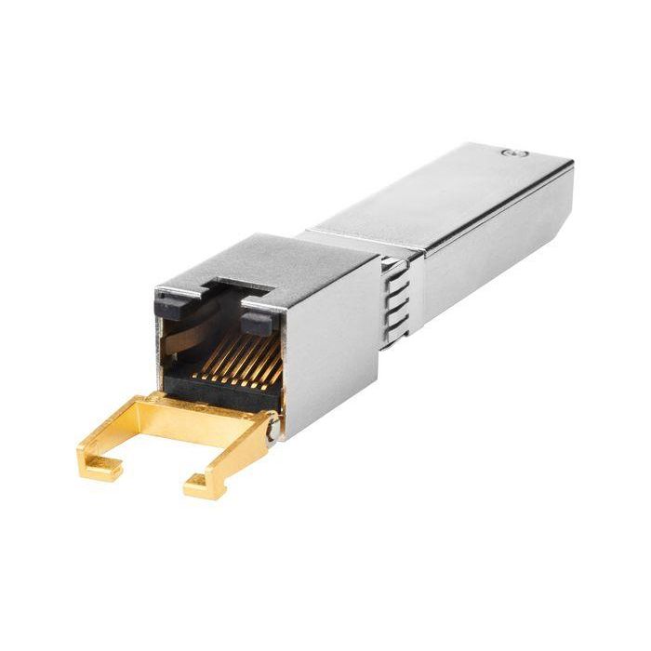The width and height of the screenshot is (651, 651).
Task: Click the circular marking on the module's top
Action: tap(508, 152)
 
